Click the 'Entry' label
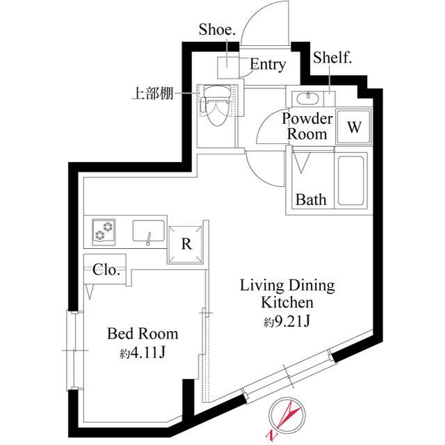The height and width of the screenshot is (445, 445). click(268, 65)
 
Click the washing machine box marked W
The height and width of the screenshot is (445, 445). click(355, 127)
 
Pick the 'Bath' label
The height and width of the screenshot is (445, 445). click(311, 200)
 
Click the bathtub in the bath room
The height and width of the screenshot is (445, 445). click(353, 180)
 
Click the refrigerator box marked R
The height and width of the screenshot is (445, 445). click(186, 244)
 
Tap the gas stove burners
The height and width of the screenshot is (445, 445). click(105, 231)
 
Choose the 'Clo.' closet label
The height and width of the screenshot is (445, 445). click(106, 270)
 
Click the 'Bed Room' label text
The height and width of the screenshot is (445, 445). click(142, 333)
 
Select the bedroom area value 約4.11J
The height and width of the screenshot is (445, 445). click(142, 354)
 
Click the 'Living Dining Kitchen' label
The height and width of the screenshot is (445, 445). click(287, 293)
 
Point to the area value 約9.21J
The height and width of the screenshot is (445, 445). click(286, 322)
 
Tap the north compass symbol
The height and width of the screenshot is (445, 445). click(286, 419)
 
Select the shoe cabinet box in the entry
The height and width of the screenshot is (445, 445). click(228, 67)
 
